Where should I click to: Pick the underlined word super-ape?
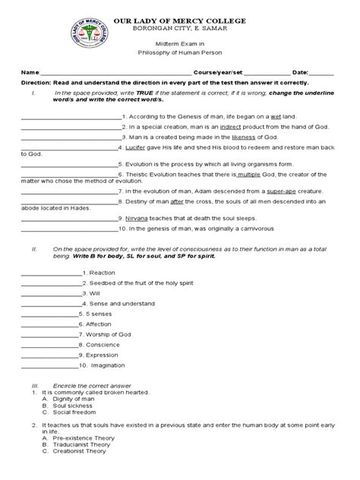268,191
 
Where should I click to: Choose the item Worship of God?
109,333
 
